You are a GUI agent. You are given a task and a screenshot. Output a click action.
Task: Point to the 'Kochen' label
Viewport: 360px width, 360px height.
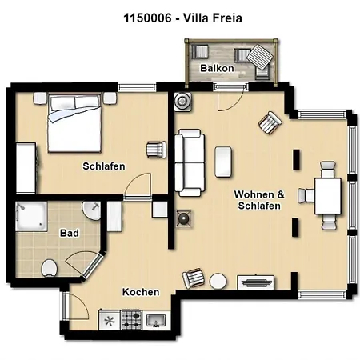click(x=141, y=292)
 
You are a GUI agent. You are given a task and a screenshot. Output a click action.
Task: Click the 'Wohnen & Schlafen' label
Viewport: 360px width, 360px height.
click(x=257, y=200)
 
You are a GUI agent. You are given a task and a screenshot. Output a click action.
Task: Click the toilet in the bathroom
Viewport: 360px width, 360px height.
click(x=49, y=267)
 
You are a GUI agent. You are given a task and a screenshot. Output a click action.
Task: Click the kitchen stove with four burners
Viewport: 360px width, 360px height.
click(x=131, y=320)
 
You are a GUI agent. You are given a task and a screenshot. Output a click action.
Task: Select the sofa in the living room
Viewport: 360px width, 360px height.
click(x=191, y=162)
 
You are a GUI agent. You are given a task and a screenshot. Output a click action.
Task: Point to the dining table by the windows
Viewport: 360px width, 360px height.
click(x=328, y=196)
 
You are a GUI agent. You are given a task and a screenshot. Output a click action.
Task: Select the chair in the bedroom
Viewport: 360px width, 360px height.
click(x=155, y=150)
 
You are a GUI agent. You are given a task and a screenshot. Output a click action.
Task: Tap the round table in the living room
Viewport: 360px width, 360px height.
click(x=218, y=282)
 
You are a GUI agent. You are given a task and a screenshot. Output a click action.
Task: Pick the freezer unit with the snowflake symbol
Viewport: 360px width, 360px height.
click(x=108, y=320)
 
